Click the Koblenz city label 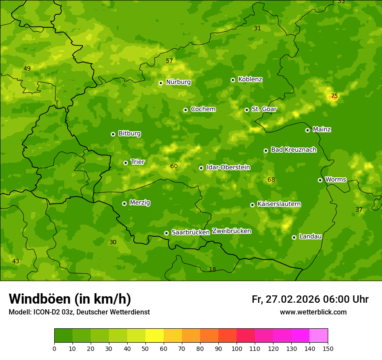[x=250, y=79]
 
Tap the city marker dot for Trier [x=125, y=163]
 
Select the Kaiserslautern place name [x=279, y=204]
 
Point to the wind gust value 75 [x=334, y=96]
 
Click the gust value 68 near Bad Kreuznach [x=271, y=180]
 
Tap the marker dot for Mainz [x=307, y=130]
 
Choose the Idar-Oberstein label [x=228, y=167]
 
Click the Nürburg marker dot [x=161, y=83]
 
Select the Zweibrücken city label [x=231, y=231]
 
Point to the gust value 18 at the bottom [x=212, y=269]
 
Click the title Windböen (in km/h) [x=70, y=299]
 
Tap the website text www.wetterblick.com [x=313, y=312]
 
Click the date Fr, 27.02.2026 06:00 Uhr [x=310, y=299]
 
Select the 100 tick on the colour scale [x=237, y=348]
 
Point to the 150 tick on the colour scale [x=328, y=348]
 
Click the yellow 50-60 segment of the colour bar [x=155, y=336]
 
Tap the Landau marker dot [x=294, y=237]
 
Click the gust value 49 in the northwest [x=27, y=69]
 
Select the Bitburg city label [x=129, y=134]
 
